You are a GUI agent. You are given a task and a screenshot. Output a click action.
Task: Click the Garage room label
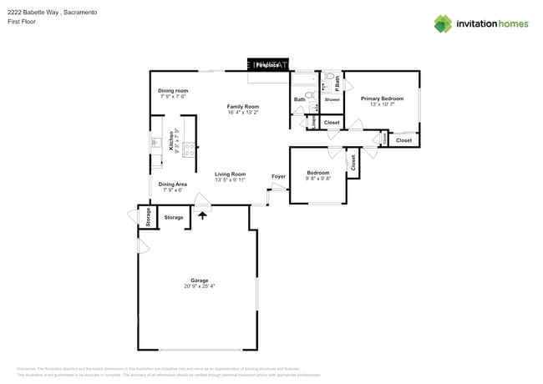[x=199, y=280]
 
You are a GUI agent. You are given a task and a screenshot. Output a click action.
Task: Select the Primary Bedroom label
[x=382, y=99]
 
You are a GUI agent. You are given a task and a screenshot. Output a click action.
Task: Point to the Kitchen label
[x=172, y=139]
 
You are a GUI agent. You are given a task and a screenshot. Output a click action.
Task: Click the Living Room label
[x=230, y=174]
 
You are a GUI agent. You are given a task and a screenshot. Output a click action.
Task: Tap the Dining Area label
[x=172, y=184]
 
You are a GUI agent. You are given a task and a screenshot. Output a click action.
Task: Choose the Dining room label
[x=173, y=90]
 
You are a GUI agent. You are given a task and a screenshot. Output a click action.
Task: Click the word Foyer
[x=278, y=176]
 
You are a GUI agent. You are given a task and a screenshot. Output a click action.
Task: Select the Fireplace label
[x=267, y=64]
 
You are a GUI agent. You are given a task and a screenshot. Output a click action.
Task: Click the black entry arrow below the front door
[x=202, y=215]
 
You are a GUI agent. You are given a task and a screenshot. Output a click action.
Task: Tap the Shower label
[x=332, y=99]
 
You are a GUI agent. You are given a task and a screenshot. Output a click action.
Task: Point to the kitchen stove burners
[x=189, y=150]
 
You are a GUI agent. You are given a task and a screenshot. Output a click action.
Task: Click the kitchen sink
[x=155, y=143]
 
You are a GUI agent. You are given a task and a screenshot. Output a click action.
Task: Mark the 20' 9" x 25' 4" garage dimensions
[x=199, y=286]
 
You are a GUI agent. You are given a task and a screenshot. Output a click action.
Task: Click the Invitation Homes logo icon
[x=443, y=23]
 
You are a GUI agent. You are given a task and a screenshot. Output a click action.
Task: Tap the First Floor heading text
[x=23, y=22]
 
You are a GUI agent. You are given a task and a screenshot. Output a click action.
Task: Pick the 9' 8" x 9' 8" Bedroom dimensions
[x=317, y=179]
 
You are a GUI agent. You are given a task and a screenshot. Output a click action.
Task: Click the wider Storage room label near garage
[x=173, y=217]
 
